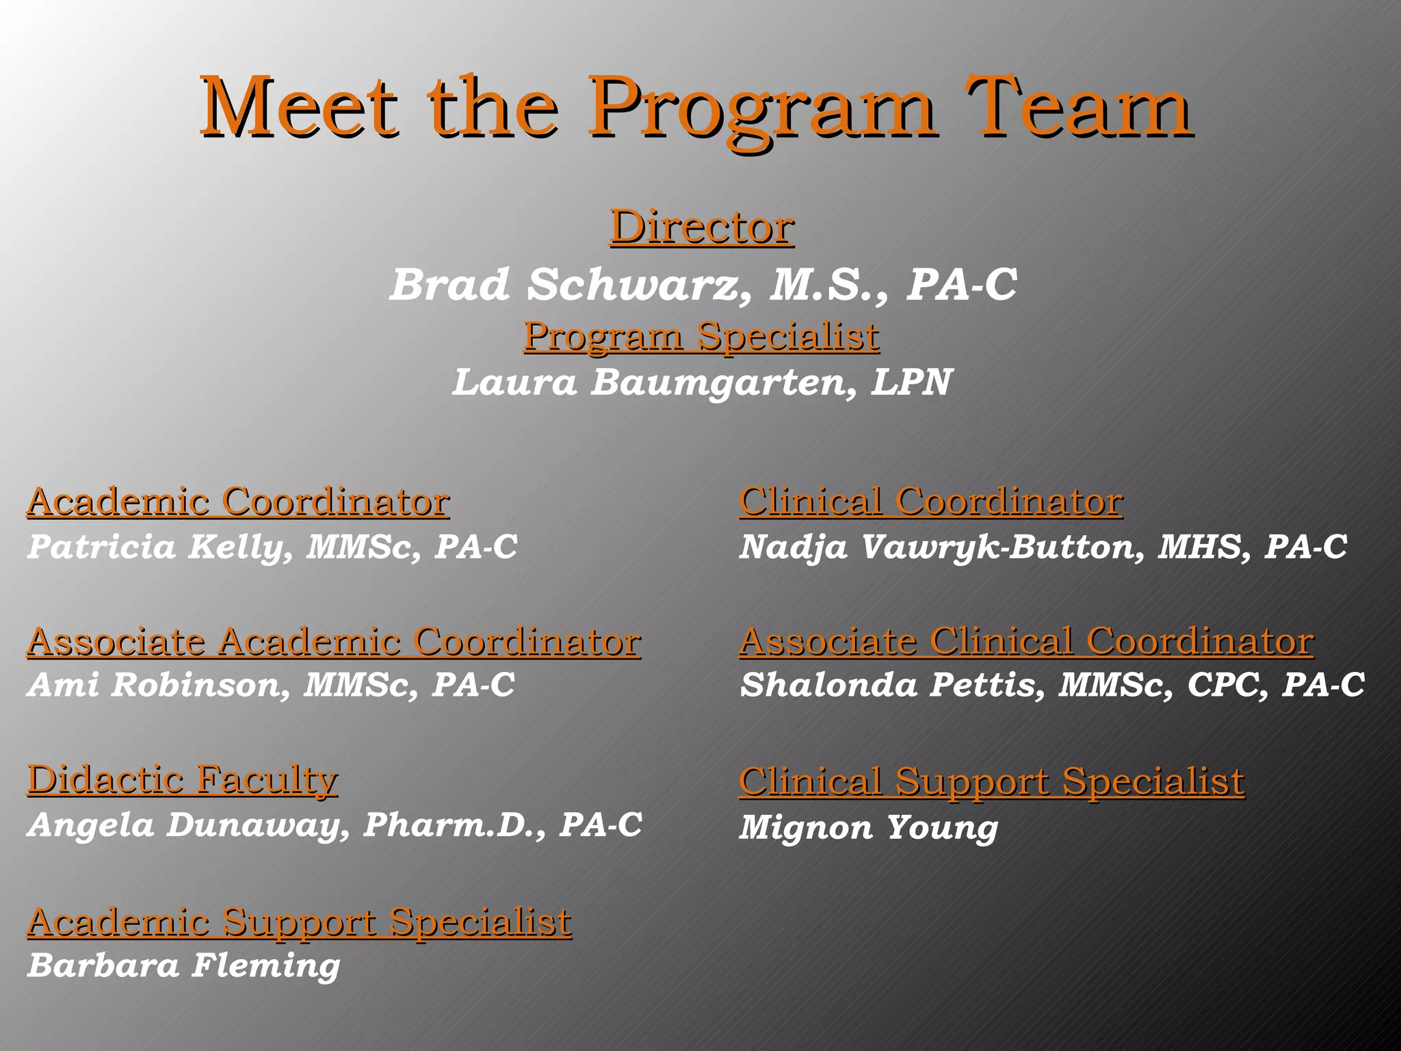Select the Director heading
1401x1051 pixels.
702,227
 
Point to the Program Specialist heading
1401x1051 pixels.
702,337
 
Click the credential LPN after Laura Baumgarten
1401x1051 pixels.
911,382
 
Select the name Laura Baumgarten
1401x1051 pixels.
650,382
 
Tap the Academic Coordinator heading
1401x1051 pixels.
238,502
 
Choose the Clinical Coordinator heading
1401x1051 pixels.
930,502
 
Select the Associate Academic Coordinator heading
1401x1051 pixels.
334,642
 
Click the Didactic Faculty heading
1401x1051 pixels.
183,780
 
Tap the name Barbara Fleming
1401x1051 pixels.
183,965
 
